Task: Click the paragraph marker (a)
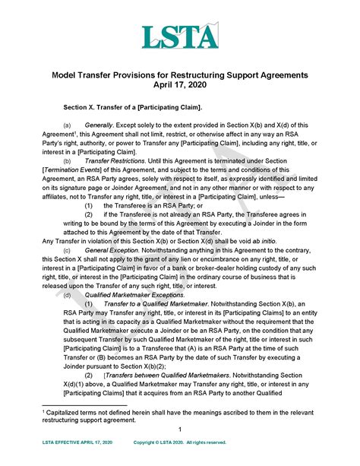(x=68, y=124)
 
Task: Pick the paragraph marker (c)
(x=68, y=250)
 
